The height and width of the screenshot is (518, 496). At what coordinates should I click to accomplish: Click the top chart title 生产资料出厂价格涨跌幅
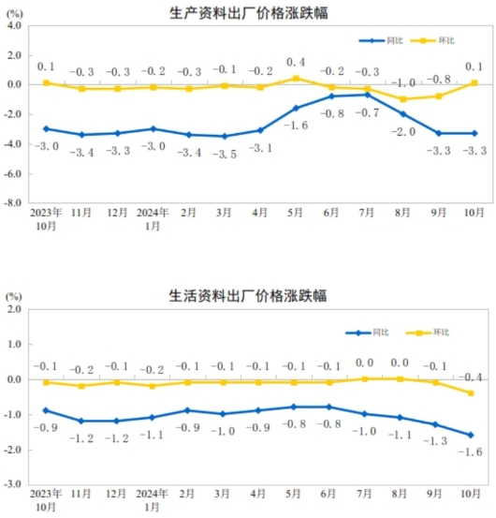[249, 12]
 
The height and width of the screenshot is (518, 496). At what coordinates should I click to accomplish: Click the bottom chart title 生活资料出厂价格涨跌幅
[249, 296]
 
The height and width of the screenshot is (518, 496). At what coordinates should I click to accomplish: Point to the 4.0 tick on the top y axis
[15, 26]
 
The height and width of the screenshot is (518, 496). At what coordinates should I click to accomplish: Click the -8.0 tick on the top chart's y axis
[13, 201]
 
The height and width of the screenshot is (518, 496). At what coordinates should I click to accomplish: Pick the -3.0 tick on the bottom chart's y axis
[13, 484]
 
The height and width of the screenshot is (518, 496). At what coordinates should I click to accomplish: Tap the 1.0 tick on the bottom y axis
[15, 345]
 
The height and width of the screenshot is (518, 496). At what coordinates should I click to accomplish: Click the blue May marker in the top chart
[296, 108]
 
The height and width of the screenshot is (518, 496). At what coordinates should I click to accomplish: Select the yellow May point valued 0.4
[296, 79]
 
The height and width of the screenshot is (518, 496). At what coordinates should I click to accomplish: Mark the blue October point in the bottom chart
[470, 435]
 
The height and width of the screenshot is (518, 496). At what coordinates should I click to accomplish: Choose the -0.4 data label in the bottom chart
[472, 377]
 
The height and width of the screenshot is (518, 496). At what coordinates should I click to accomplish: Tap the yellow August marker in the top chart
[403, 99]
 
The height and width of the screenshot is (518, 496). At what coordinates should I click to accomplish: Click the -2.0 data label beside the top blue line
[403, 131]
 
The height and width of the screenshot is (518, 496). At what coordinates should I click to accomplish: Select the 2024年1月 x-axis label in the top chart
[153, 219]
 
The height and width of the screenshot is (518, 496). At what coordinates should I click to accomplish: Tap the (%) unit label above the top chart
[13, 11]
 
